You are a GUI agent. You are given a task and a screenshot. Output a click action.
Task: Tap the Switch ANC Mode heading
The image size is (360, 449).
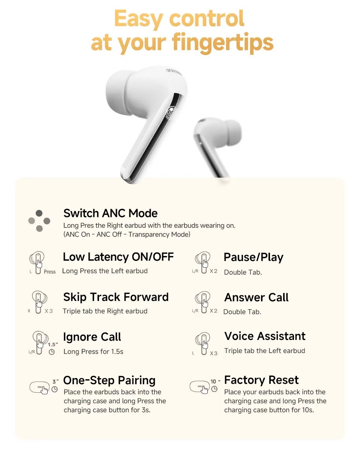pos(110,213)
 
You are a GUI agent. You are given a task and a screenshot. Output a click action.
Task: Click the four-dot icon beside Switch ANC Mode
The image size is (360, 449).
pos(39,221)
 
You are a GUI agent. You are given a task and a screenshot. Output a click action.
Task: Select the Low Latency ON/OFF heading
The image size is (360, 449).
pos(118,257)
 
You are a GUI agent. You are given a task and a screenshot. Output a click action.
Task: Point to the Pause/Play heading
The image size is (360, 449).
pos(253,257)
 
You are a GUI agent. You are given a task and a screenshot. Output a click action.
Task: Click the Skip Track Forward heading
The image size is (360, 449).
pos(116,297)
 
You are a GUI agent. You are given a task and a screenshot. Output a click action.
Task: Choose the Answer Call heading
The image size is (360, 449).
pos(256,298)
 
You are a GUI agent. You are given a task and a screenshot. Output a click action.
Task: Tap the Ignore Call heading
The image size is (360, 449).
pos(92,337)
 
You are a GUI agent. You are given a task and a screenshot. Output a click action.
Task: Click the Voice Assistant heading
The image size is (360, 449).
pos(265,336)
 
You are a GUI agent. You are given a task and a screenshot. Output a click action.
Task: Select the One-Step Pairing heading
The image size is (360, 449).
pos(109,380)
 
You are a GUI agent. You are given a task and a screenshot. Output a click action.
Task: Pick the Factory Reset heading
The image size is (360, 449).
pos(261,380)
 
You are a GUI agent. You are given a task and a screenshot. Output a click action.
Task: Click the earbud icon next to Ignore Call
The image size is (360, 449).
pos(39,342)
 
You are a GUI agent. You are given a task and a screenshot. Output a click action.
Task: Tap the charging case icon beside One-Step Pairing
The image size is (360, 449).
pos(40,388)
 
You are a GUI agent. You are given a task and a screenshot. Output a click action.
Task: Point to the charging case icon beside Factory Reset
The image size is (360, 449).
pos(199,388)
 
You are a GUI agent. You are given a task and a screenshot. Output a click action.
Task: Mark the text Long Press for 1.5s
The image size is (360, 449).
pos(93,352)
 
